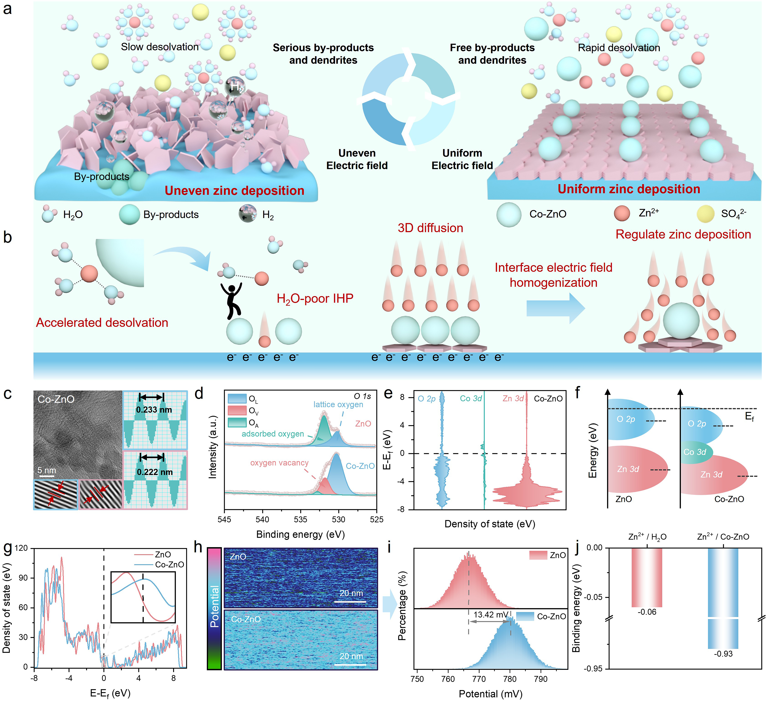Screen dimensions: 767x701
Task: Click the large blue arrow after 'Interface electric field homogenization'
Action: pyautogui.click(x=555, y=308)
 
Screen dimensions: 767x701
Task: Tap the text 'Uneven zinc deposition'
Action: pyautogui.click(x=234, y=190)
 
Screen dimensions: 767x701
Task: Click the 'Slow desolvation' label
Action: pyautogui.click(x=160, y=47)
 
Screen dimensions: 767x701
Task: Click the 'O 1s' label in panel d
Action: pyautogui.click(x=362, y=396)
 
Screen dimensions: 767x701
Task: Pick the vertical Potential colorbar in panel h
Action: pyautogui.click(x=214, y=608)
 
